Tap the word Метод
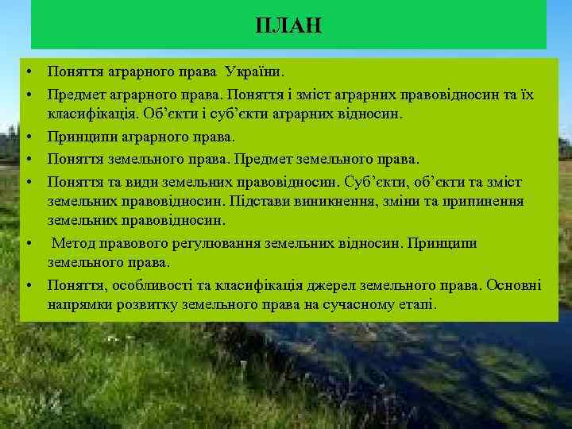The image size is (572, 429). (75, 242)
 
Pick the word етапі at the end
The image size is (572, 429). (416, 305)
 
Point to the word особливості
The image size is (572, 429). (145, 284)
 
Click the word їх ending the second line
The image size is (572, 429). (526, 95)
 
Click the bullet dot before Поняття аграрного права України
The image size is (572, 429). (27, 74)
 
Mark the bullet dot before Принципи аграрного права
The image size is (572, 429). (27, 137)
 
